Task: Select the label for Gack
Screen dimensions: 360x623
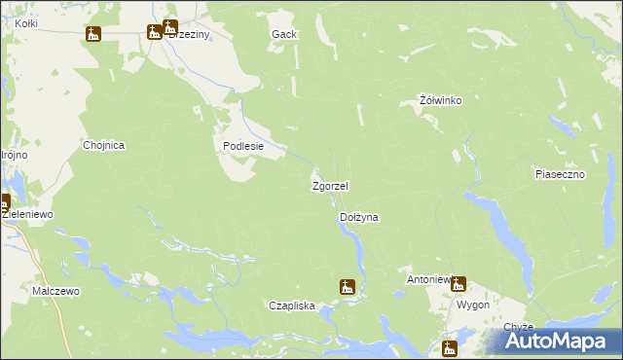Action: (x=283, y=34)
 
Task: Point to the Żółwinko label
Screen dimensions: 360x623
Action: (x=439, y=100)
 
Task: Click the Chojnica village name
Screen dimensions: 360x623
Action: (x=103, y=145)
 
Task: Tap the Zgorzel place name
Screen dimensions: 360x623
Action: (x=330, y=185)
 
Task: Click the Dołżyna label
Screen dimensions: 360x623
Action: (x=358, y=218)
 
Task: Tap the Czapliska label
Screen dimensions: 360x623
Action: (x=292, y=306)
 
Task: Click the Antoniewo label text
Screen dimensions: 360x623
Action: (x=428, y=279)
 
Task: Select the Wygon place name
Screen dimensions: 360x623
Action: (x=473, y=305)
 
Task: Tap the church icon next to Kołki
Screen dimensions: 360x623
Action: (x=93, y=34)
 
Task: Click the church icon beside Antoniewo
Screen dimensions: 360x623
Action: (x=458, y=284)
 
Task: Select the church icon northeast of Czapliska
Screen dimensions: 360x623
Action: (x=347, y=286)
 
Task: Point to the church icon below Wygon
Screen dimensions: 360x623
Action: (x=450, y=348)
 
